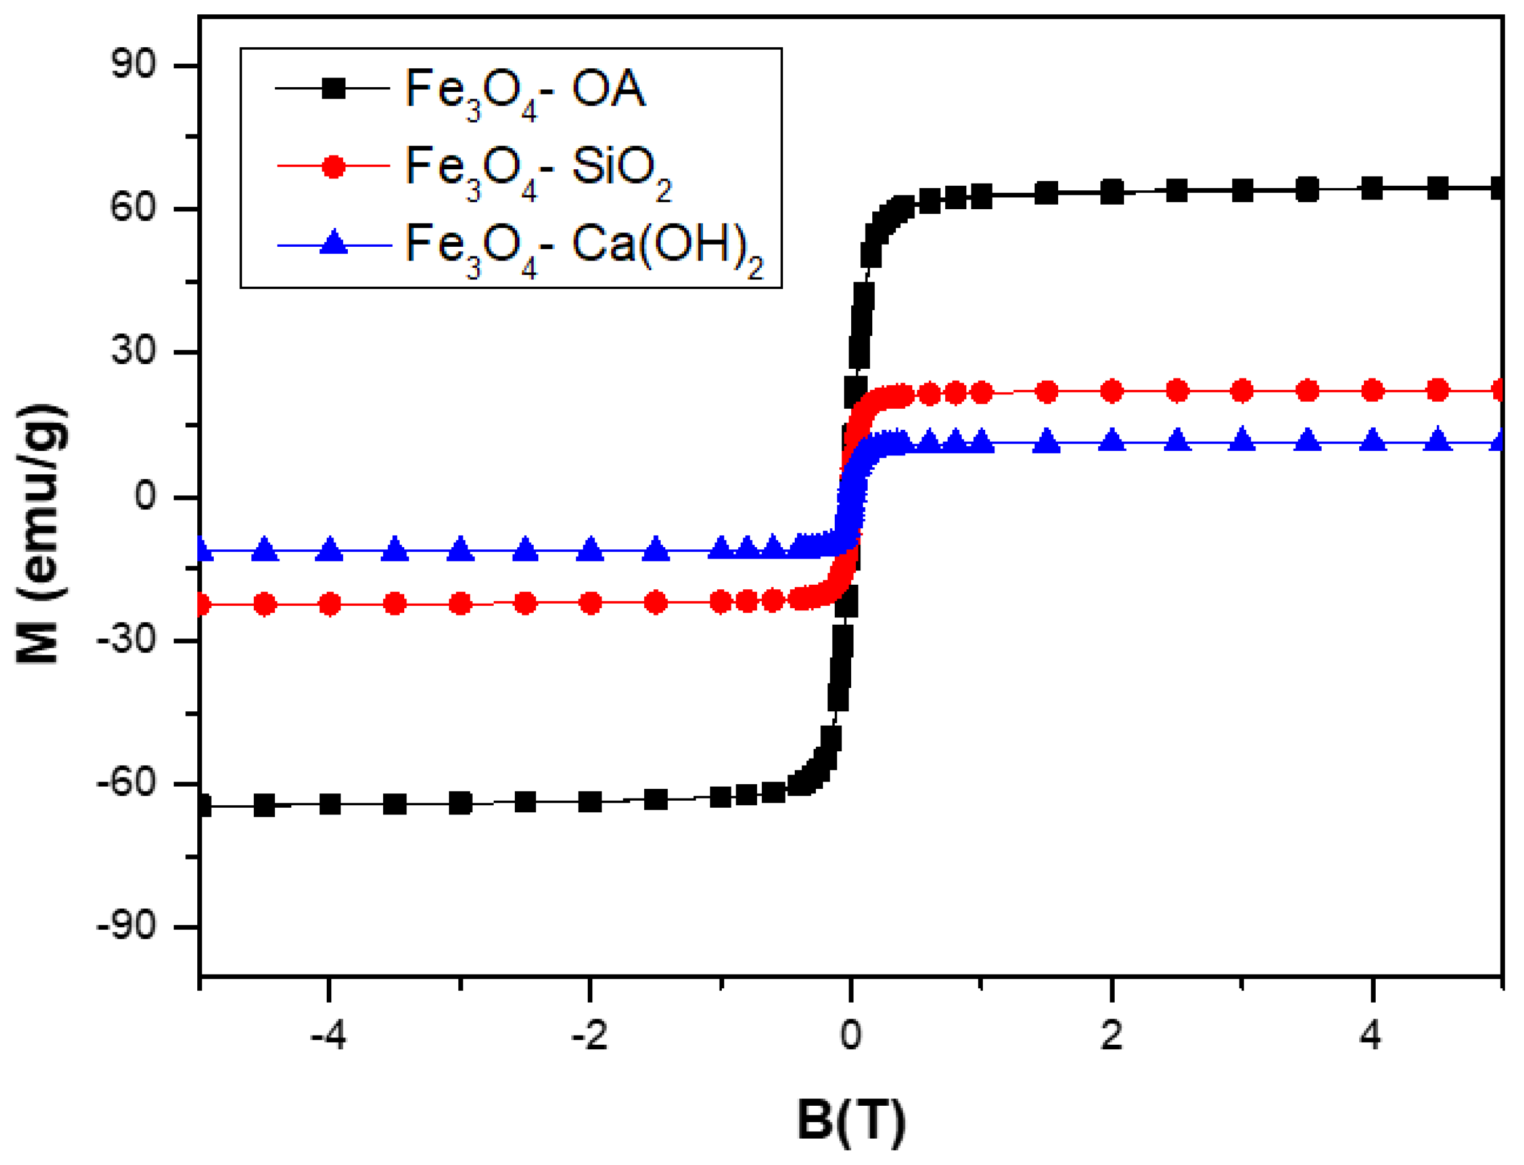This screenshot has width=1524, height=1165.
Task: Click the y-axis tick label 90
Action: coord(133,64)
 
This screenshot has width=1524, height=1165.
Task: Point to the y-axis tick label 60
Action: coord(133,207)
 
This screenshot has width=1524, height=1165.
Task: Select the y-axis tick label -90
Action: coord(125,926)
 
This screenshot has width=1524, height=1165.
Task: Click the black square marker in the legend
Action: coord(334,88)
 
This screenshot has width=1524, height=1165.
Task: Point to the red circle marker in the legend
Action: coord(334,166)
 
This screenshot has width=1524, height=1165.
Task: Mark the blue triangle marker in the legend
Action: coord(334,243)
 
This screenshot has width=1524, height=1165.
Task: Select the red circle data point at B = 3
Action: coord(1242,391)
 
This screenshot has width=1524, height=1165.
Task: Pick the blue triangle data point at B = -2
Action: coord(590,550)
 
